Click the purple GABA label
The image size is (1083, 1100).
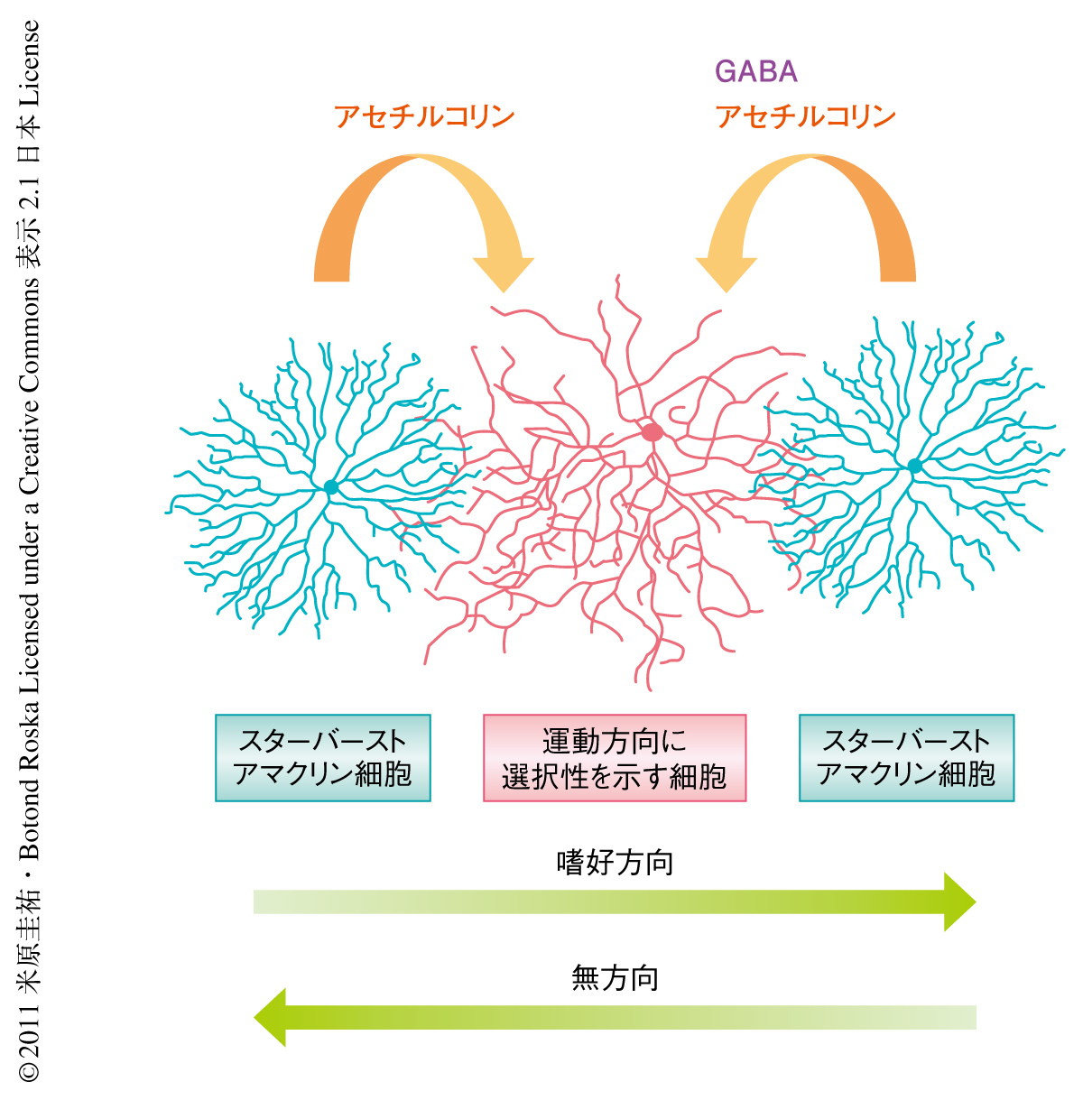coord(755,72)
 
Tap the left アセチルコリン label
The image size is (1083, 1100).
coord(424,117)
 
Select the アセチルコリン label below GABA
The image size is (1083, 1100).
coord(805,117)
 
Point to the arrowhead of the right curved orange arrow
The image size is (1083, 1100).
coord(726,271)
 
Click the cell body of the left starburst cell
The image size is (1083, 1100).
coord(330,487)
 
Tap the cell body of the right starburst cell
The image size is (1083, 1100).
coord(914,466)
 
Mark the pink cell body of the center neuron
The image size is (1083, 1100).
coord(653,432)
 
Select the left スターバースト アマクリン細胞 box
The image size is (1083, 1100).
coord(323,758)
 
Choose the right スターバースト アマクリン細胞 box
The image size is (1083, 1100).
coord(906,758)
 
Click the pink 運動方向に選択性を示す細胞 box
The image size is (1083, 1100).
coord(615,758)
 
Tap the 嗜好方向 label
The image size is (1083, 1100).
coord(615,864)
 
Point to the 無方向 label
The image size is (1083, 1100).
coord(615,978)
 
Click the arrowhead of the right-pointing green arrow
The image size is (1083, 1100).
coord(958,901)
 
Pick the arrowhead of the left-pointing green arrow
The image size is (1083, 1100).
coord(271,1017)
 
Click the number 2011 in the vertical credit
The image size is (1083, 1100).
coord(29,1028)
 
